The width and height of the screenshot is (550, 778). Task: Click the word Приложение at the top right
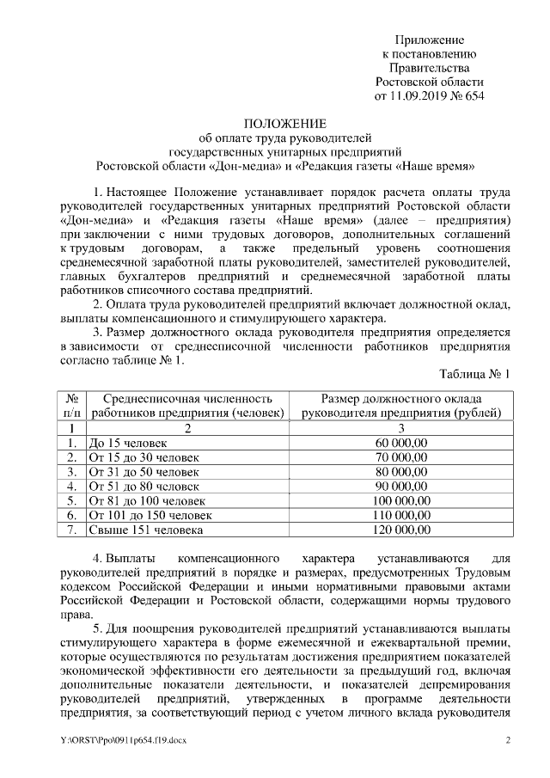(429, 40)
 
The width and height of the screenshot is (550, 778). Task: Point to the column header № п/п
(73, 406)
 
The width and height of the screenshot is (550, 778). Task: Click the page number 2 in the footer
(507, 741)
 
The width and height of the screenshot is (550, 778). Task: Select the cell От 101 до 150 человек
(150, 515)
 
